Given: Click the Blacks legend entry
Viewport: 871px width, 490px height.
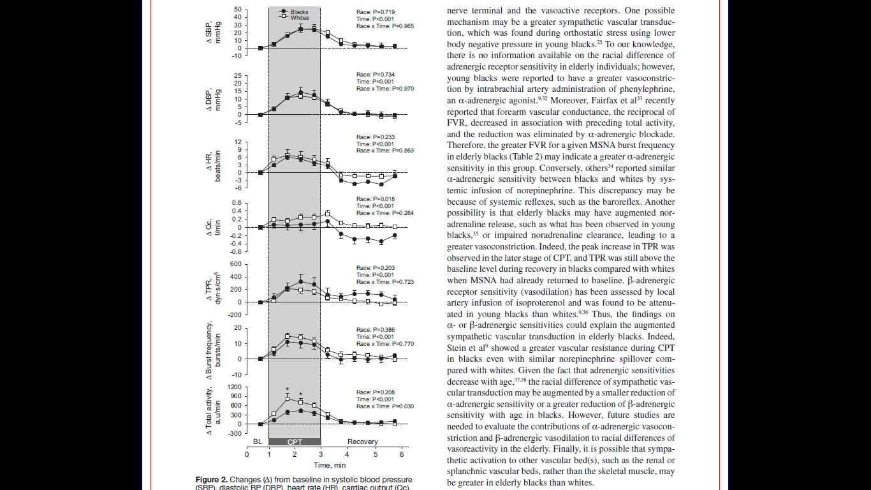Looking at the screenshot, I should (299, 11).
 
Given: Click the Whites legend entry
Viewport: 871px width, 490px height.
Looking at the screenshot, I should (299, 18).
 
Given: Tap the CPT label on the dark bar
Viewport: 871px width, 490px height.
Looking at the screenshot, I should (295, 442).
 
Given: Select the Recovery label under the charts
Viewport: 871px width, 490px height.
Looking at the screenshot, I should (362, 442).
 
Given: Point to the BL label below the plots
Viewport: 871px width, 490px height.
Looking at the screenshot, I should (258, 442).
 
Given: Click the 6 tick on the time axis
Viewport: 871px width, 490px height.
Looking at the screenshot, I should (401, 454).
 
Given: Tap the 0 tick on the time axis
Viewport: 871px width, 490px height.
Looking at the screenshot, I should (247, 454).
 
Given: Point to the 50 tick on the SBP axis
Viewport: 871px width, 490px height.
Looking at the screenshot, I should (238, 10).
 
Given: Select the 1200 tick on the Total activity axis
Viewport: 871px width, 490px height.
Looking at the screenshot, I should (234, 387).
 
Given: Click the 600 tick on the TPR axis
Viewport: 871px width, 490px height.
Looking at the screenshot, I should (236, 264).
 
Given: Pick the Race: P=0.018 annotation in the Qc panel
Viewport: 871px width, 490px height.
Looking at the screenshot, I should (375, 199).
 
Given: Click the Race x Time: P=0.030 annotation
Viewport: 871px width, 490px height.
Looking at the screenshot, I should (384, 406).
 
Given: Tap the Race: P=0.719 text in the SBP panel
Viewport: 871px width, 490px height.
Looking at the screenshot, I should (375, 12).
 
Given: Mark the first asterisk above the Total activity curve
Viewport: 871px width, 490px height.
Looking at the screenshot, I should (288, 390).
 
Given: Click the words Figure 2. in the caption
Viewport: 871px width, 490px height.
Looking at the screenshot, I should (211, 480).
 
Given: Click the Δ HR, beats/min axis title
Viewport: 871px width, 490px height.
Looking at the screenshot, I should (213, 166).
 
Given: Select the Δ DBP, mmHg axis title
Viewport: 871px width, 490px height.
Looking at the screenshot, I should (213, 100).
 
